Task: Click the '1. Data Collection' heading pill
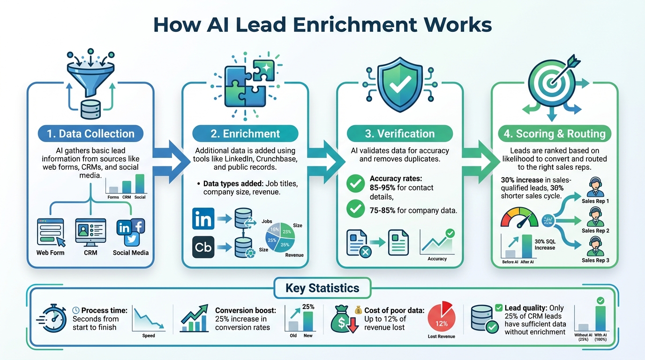point(90,134)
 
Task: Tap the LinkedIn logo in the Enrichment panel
point(203,218)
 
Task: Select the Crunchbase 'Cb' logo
point(203,247)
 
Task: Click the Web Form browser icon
point(50,232)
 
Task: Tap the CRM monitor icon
point(90,232)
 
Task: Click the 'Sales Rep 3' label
point(595,260)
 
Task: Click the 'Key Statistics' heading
point(322,288)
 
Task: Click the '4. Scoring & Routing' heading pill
point(554,134)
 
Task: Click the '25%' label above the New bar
point(308,307)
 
